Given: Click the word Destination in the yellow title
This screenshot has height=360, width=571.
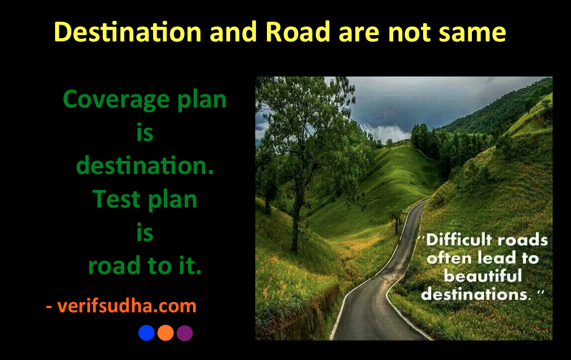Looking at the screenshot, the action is coord(127,32).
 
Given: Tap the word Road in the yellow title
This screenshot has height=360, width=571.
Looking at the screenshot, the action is coord(297,32).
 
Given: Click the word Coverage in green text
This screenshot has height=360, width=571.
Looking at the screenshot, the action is coord(116,100).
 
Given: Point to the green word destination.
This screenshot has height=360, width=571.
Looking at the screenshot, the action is coord(145,166).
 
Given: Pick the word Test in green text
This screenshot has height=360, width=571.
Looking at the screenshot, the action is coord(116,199).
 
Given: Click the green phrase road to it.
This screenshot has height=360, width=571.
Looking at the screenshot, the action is coord(145,265).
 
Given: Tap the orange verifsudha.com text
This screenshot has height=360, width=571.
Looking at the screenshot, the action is coord(127,306).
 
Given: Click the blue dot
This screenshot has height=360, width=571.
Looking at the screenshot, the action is coord(146,333).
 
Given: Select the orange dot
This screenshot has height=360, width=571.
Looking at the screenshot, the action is coord(166,333).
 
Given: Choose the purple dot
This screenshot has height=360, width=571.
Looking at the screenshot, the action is coord(185,333).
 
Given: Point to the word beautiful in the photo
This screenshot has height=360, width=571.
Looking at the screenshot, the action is coord(483,276).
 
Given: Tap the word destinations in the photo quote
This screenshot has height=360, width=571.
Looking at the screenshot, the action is coord(475,294).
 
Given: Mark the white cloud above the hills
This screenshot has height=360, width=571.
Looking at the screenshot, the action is coord(386,133).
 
